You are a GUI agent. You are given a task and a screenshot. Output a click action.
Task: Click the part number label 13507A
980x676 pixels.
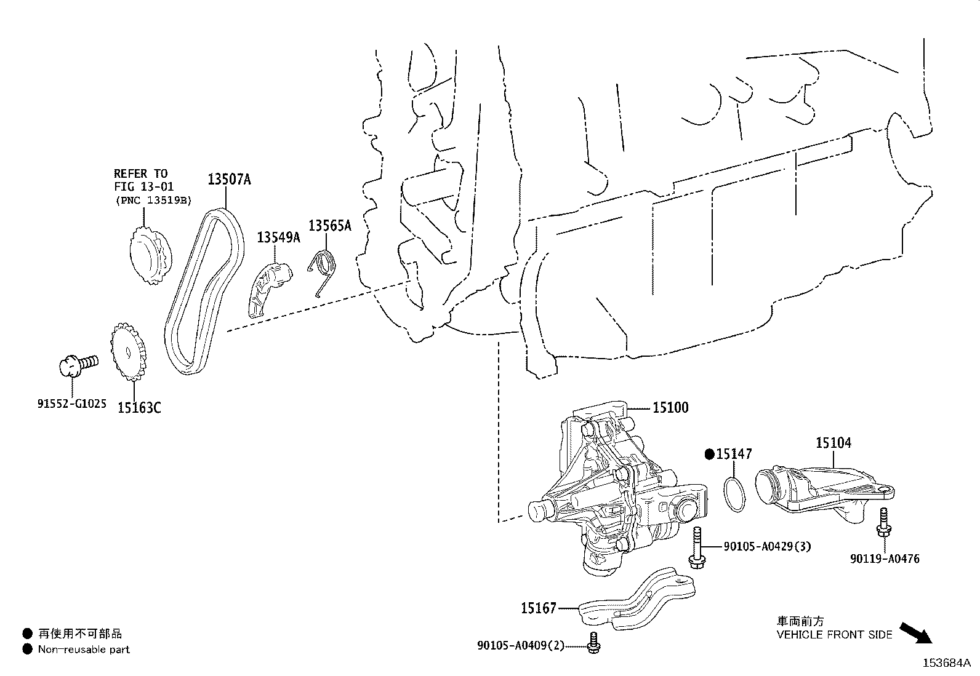tap(228, 180)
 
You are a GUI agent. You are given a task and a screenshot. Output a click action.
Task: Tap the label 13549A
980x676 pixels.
tap(278, 237)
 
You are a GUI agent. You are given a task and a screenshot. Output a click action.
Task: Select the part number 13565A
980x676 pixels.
tap(329, 226)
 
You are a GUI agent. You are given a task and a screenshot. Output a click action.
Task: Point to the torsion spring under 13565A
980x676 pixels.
tap(323, 271)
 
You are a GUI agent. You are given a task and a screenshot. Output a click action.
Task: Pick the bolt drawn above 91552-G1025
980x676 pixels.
tap(77, 364)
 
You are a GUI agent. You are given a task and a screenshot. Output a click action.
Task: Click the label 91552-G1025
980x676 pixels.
tap(71, 404)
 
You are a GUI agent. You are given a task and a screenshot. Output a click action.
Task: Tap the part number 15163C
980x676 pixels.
tap(139, 407)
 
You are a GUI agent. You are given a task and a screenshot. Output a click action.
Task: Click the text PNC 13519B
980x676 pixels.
tap(154, 200)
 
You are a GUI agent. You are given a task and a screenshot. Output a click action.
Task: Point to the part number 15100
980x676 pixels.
tap(670, 407)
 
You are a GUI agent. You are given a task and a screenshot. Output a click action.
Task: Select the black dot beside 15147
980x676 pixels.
tap(709, 455)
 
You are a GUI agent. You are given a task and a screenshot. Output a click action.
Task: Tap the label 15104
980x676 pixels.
tap(833, 442)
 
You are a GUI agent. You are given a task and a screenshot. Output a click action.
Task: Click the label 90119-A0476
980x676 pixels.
tap(885, 559)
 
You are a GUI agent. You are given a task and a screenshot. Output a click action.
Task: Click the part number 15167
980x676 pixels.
tap(539, 608)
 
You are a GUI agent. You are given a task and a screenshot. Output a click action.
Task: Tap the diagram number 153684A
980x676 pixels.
tap(946, 663)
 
